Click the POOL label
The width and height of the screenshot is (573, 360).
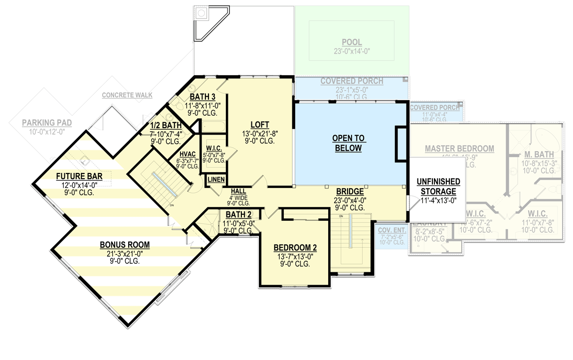point(352,42)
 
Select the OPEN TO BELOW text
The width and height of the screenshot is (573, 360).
point(349,143)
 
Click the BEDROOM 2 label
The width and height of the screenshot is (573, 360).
point(295,248)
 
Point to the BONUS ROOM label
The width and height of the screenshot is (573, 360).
point(125,245)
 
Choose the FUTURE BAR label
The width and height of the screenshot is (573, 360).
point(79,176)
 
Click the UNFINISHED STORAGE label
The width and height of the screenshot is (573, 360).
point(438,186)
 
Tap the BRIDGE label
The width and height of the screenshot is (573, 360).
point(349,191)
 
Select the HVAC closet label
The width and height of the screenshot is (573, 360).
point(181,154)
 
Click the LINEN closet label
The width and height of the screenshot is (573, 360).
point(216,180)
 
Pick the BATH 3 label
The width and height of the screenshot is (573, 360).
point(202,97)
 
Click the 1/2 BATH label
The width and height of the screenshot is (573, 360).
point(166,125)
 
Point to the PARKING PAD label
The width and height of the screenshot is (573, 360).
point(46,123)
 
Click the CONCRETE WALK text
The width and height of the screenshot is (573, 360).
point(127,95)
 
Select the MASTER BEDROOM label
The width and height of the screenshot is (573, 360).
point(459,149)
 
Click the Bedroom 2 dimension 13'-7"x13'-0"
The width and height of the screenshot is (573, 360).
point(295,256)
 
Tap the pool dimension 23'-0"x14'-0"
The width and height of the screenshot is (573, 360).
point(352,51)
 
